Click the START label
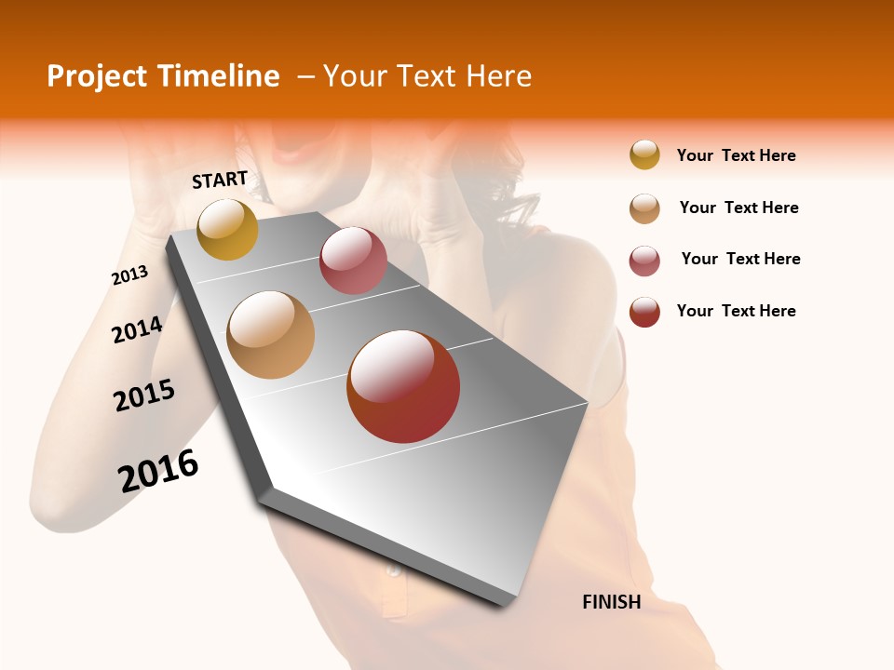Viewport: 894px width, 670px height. pos(220,180)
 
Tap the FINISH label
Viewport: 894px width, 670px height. pos(612,602)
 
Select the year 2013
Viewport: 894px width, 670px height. pos(130,275)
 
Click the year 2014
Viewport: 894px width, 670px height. pos(138,330)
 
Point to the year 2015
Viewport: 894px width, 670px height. pos(144,395)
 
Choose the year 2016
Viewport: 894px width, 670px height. pos(158,471)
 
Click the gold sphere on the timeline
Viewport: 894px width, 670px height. pos(227,229)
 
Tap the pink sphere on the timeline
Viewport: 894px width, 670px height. pos(353,261)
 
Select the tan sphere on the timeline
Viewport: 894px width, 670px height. pos(271,335)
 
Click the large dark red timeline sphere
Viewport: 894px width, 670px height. pos(403,386)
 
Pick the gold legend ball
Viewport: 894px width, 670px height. pos(644,154)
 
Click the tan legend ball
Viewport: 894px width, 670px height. pos(644,208)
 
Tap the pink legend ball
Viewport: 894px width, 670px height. pos(644,261)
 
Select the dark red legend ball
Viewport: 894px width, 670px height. pos(644,312)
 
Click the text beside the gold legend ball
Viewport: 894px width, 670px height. pos(736,156)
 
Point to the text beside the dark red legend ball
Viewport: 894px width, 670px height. pos(736,311)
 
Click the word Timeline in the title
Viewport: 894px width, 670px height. pos(218,76)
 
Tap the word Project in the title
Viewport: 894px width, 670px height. pos(97,76)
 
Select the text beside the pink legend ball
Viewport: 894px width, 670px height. pos(740,259)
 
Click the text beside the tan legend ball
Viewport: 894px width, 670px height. pos(738,208)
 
